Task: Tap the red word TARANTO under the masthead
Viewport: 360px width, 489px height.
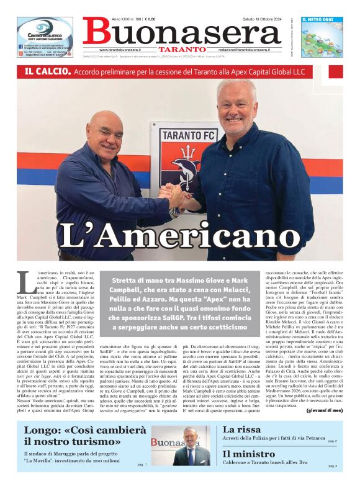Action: (182, 49)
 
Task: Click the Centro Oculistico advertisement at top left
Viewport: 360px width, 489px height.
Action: (45, 37)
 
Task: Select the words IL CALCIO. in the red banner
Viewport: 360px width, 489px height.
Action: (47, 72)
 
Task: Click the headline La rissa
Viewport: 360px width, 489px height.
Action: (242, 429)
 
